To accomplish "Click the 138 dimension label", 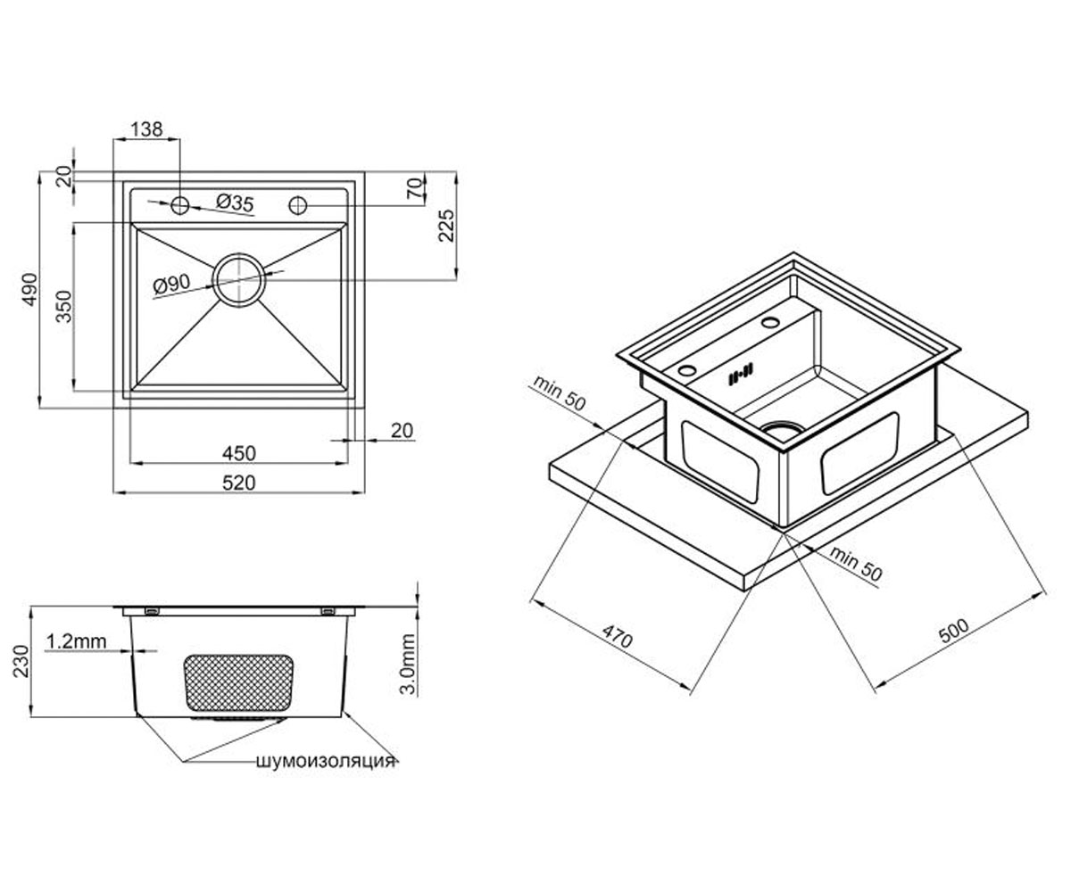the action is coord(147,129).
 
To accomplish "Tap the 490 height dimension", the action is coord(29,290).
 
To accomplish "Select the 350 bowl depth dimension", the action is coord(63,306).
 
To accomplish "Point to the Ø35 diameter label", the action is coord(235,202).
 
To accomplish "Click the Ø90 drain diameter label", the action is coord(171,285).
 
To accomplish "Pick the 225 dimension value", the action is coord(446,225).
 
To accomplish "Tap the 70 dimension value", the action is coord(416,187).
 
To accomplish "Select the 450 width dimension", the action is coord(239,453).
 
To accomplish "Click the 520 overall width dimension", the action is coord(239,483).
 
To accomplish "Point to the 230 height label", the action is coord(21,661).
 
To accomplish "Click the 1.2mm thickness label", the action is coord(77,640).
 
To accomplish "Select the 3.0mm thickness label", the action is coord(408,664).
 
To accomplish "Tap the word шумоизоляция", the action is coord(326,761).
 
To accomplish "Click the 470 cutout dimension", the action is coord(617,636).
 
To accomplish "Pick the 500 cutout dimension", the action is coord(954,631).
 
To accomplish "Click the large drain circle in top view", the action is coord(239,280).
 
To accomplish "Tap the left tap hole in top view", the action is coord(180,205).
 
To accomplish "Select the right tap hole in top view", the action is coord(298,205).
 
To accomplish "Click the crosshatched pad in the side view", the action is coord(238,683).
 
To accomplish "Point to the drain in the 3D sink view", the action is coord(782,430).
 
